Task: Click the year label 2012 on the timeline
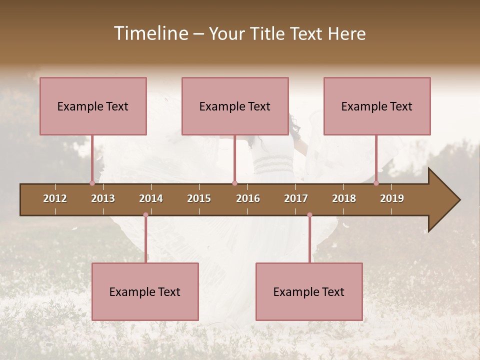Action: click(x=55, y=198)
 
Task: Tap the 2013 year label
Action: click(x=103, y=198)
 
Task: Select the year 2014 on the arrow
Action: click(x=151, y=198)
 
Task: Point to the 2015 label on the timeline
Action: click(x=199, y=198)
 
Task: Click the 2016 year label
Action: click(x=248, y=198)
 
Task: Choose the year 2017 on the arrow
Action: click(x=296, y=198)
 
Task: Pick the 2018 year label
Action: click(x=344, y=198)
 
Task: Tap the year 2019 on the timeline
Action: click(x=392, y=198)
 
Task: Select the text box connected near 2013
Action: click(x=93, y=106)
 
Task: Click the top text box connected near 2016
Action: click(x=235, y=106)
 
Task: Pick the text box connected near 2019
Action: click(x=377, y=106)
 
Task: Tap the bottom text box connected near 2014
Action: click(x=145, y=291)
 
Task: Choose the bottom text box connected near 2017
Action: click(x=309, y=291)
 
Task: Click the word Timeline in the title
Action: click(x=150, y=33)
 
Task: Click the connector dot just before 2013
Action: click(x=92, y=183)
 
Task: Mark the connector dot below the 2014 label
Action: click(x=145, y=215)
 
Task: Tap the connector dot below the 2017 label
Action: click(x=309, y=215)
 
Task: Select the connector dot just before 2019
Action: click(x=376, y=183)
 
